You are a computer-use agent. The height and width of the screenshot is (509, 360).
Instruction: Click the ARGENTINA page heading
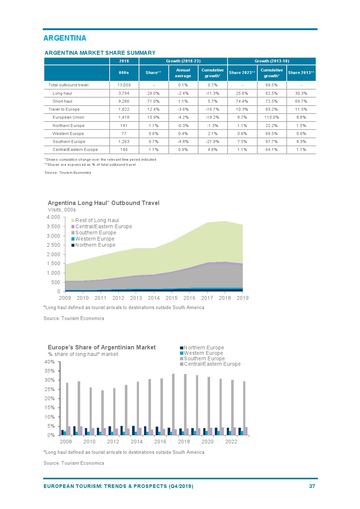[65, 38]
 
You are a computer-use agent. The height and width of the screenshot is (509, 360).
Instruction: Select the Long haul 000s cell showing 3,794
[124, 93]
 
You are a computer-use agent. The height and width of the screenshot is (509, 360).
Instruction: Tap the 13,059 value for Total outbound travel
[124, 85]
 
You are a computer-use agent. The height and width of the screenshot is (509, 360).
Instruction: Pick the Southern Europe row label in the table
[69, 141]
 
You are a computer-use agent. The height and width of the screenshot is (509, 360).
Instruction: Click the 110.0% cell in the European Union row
[271, 117]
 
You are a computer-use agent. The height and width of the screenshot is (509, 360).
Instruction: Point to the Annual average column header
[183, 73]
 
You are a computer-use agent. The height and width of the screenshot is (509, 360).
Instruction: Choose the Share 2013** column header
[301, 73]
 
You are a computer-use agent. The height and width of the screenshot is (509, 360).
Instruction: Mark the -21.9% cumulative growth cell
[212, 141]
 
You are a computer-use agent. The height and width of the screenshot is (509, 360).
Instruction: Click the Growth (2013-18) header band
[271, 61]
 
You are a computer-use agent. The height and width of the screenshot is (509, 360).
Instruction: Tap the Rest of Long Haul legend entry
[97, 220]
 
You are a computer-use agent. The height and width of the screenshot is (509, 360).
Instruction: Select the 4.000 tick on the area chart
[53, 217]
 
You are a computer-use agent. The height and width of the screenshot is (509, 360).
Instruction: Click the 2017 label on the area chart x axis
[207, 298]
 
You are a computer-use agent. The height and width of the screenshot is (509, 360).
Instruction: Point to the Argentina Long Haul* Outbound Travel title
[103, 203]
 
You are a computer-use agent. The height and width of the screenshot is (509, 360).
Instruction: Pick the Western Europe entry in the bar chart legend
[203, 353]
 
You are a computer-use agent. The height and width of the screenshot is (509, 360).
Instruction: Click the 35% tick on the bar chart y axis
[49, 371]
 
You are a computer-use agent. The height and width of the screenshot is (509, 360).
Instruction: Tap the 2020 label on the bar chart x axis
[208, 442]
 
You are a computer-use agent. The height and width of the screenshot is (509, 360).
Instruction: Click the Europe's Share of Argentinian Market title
[102, 347]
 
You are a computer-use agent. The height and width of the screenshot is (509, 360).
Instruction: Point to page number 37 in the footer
[312, 486]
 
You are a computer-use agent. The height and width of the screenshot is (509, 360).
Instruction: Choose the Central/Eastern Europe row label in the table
[75, 149]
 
